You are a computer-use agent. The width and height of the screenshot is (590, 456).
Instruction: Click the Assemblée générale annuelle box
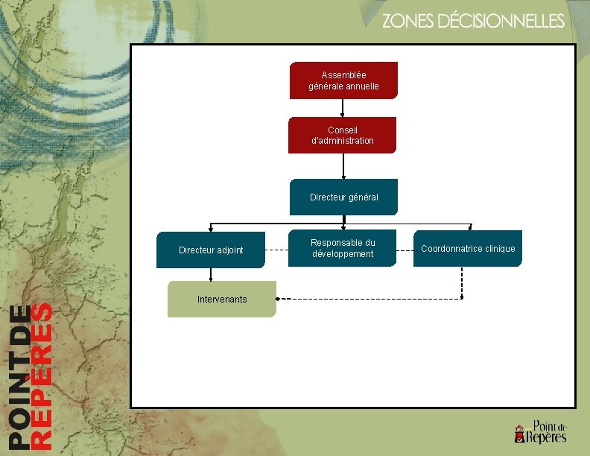click(343, 80)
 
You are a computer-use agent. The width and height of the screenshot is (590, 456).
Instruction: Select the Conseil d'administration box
click(343, 135)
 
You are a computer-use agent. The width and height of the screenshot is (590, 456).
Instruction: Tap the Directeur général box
click(343, 197)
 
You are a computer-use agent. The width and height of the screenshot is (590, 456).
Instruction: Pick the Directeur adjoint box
click(211, 250)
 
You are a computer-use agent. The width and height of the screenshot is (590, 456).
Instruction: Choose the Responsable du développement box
click(343, 248)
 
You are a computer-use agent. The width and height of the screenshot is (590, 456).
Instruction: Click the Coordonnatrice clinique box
click(468, 248)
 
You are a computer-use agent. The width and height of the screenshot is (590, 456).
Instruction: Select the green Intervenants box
click(222, 299)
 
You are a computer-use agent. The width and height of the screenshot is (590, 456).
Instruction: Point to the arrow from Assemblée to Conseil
click(343, 108)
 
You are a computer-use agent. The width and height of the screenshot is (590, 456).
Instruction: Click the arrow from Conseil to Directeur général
click(343, 166)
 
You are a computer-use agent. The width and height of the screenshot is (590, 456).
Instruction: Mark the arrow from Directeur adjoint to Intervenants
click(211, 274)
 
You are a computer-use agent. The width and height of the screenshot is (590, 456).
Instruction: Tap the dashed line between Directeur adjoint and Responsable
click(276, 250)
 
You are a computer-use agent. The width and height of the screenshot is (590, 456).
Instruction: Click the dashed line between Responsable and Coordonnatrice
click(406, 250)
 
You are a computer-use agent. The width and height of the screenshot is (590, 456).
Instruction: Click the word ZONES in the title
click(408, 22)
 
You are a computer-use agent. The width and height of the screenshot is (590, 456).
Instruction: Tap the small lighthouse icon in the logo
click(519, 433)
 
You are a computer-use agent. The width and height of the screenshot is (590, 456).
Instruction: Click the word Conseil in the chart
click(343, 130)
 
